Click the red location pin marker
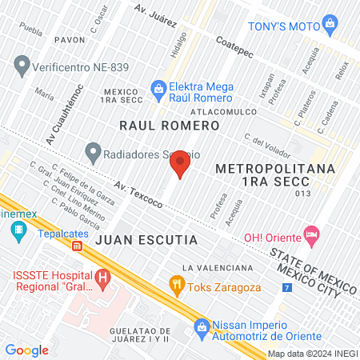(x=180, y=164)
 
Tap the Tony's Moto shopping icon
(x=330, y=26)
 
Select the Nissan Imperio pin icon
(x=202, y=326)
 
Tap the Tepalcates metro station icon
(x=18, y=234)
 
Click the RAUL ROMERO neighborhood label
(x=169, y=126)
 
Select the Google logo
(x=26, y=350)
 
